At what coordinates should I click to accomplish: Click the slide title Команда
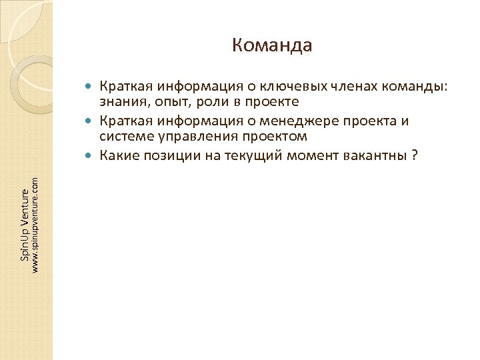(272, 45)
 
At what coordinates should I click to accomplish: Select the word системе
(123, 137)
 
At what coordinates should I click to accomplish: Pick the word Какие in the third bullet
(117, 157)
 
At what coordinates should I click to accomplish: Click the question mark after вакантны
(415, 157)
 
